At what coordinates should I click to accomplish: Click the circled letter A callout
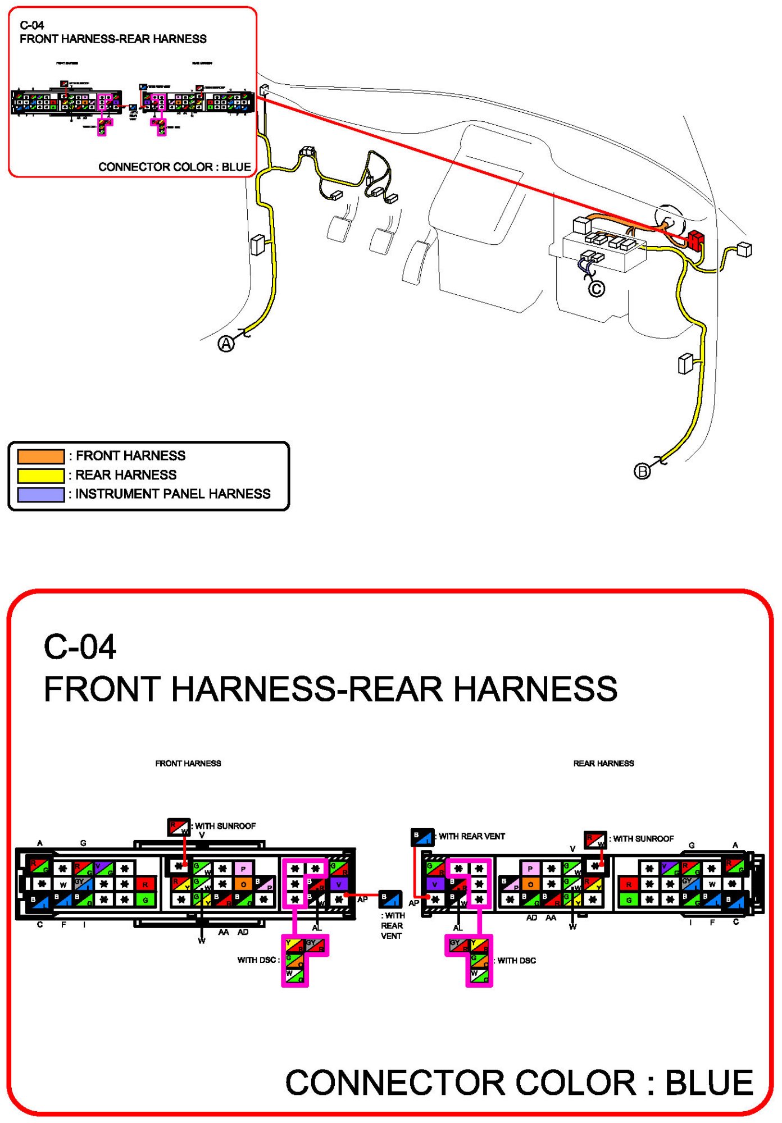point(226,344)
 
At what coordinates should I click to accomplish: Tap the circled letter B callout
point(642,471)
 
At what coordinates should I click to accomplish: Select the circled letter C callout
point(597,289)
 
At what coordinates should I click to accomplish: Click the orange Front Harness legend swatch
point(40,456)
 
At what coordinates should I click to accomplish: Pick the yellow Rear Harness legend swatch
point(40,476)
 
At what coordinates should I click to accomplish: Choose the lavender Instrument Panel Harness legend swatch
point(40,494)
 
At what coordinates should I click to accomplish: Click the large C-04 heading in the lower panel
point(80,647)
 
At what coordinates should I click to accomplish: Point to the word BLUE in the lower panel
point(709,1083)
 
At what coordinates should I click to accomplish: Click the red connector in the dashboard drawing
point(695,240)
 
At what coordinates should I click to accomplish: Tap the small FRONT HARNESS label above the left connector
point(188,764)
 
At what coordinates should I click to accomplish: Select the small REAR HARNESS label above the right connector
point(603,764)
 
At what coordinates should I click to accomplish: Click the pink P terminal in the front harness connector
point(243,869)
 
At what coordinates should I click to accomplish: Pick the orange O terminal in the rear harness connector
point(530,884)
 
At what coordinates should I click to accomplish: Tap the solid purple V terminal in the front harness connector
point(339,884)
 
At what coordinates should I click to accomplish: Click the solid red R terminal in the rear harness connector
point(629,884)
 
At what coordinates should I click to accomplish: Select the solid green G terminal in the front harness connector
point(146,900)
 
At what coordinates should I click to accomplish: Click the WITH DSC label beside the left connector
point(257,960)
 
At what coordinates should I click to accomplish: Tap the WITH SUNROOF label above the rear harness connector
point(643,839)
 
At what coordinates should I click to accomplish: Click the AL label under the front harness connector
point(317,928)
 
